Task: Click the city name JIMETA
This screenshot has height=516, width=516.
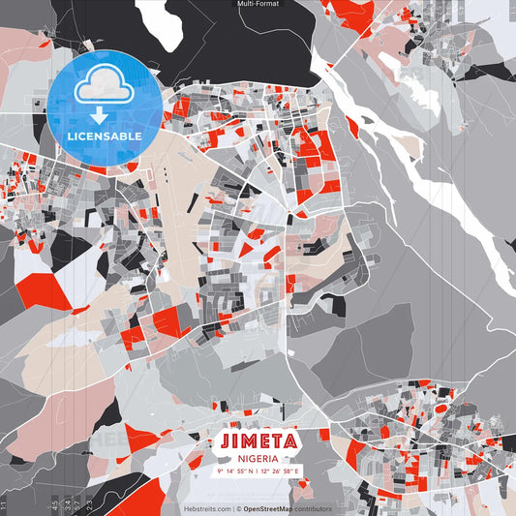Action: pyautogui.click(x=257, y=441)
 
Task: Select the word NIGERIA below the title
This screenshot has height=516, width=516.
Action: pyautogui.click(x=257, y=458)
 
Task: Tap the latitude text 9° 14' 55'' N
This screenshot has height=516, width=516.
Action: pyautogui.click(x=233, y=470)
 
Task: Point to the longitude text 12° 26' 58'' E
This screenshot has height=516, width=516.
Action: pyautogui.click(x=280, y=470)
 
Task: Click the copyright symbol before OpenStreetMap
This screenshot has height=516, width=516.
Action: pyautogui.click(x=239, y=508)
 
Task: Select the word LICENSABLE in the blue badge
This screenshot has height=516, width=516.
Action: pyautogui.click(x=105, y=137)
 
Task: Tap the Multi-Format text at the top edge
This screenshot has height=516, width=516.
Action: pyautogui.click(x=257, y=4)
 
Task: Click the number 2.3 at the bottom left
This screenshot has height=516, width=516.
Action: pyautogui.click(x=90, y=504)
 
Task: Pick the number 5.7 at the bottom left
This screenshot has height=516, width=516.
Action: pyautogui.click(x=77, y=504)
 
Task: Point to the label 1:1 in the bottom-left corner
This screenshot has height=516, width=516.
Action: pyautogui.click(x=5, y=504)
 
